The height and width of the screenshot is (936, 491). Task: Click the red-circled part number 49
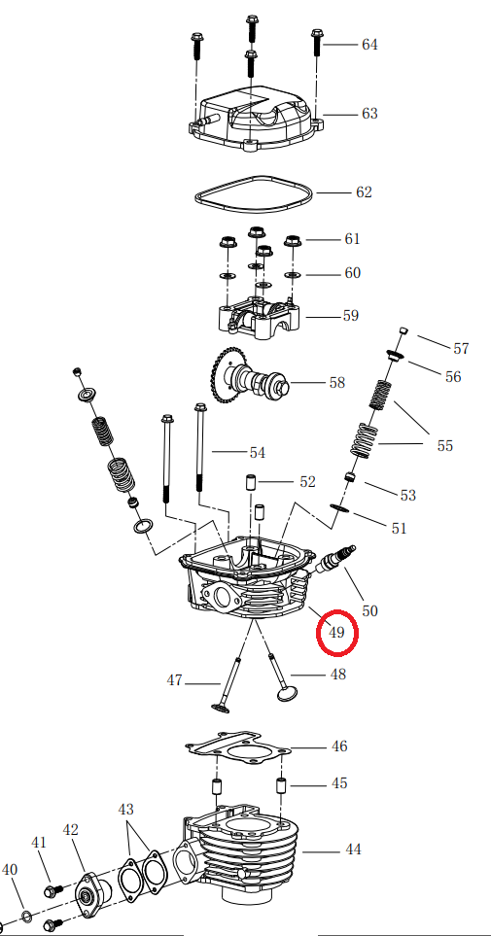pyautogui.click(x=337, y=633)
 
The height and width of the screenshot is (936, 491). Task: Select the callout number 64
pyautogui.click(x=369, y=45)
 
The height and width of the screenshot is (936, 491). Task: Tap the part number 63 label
pyautogui.click(x=369, y=114)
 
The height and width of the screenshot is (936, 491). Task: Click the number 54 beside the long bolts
pyautogui.click(x=257, y=453)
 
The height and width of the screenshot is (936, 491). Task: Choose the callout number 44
pyautogui.click(x=353, y=849)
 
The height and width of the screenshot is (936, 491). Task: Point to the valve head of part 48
pyautogui.click(x=287, y=693)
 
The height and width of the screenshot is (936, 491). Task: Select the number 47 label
pyautogui.click(x=174, y=681)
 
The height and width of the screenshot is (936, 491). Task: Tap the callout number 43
pyautogui.click(x=126, y=809)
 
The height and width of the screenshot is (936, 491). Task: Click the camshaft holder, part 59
pyautogui.click(x=258, y=321)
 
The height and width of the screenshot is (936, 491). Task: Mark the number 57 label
pyautogui.click(x=461, y=348)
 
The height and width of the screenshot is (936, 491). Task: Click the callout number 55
pyautogui.click(x=444, y=446)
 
